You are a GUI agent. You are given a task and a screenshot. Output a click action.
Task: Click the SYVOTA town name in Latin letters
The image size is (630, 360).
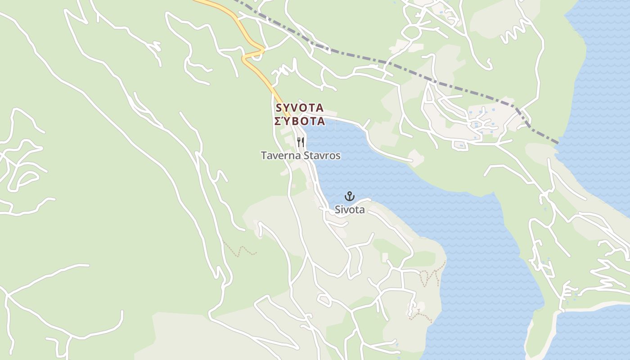point(299,108)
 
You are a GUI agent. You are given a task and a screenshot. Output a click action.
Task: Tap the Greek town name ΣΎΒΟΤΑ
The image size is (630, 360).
point(299,121)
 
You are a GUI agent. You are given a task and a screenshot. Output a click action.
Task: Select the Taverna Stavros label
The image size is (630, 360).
point(301,156)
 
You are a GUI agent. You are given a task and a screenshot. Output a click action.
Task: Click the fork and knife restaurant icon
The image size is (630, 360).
point(301,142)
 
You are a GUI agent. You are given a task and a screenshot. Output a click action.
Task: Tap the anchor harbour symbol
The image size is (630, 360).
point(350,196)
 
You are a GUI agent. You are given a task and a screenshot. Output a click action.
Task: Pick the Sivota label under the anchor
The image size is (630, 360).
point(350,210)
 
